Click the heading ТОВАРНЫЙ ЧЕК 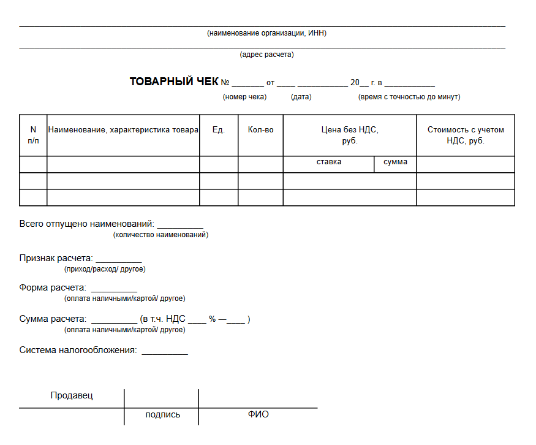(174, 82)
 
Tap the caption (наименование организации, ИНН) (266, 33)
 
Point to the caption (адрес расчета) (266, 55)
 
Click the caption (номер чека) (244, 97)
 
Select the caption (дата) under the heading (301, 97)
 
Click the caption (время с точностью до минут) (409, 97)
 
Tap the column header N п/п (33, 135)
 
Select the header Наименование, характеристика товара (123, 130)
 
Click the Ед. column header (219, 130)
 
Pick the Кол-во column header (260, 130)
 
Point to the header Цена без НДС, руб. (350, 135)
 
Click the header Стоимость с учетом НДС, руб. (466, 135)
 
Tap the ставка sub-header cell (329, 162)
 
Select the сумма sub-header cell (395, 162)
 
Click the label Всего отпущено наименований (86, 224)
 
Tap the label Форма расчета (53, 288)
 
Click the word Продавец (72, 396)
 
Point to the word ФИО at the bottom (258, 415)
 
